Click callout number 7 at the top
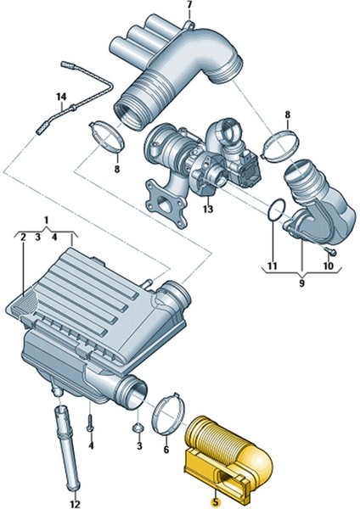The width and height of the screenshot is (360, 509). click(189, 5)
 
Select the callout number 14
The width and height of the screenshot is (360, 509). click(61, 97)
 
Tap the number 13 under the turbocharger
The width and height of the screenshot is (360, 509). click(208, 209)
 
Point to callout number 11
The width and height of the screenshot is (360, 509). click(272, 266)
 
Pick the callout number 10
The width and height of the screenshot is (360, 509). click(328, 266)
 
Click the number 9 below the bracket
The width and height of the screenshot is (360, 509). click(302, 283)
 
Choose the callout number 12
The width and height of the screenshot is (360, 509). click(75, 505)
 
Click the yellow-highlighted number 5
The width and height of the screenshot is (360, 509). click(215, 503)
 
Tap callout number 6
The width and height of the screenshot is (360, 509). click(166, 450)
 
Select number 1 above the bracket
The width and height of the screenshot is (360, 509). click(46, 220)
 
